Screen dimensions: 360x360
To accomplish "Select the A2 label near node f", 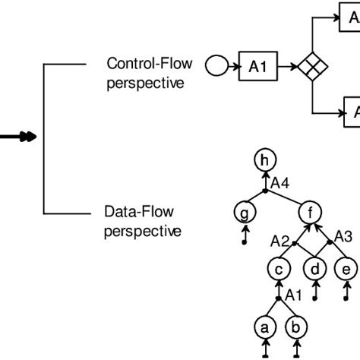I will click(279, 241).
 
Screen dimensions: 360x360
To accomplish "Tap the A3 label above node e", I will click(344, 237).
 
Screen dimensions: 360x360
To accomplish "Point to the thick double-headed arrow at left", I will click(15, 137).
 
